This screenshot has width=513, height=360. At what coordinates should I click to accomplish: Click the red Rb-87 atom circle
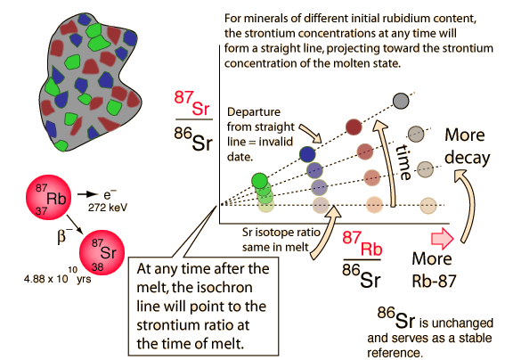48,197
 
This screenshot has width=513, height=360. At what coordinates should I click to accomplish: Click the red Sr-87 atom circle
102,252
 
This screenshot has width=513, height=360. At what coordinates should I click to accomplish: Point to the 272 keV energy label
108,208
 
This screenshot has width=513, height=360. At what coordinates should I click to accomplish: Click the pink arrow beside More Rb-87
443,238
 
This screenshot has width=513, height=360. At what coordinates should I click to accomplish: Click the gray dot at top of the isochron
401,101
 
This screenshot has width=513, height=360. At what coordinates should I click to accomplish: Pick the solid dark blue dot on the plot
307,154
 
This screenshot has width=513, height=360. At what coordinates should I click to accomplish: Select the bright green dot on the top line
260,181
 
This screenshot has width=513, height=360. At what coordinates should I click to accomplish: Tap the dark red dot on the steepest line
354,127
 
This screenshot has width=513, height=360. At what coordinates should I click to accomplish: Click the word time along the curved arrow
404,162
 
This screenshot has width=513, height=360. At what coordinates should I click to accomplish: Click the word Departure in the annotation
254,112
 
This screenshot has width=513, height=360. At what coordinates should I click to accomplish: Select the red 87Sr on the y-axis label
191,103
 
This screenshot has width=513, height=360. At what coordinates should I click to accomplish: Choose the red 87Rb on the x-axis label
362,243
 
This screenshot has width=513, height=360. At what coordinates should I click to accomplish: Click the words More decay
468,146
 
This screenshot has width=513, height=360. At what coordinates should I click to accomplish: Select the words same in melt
275,247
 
